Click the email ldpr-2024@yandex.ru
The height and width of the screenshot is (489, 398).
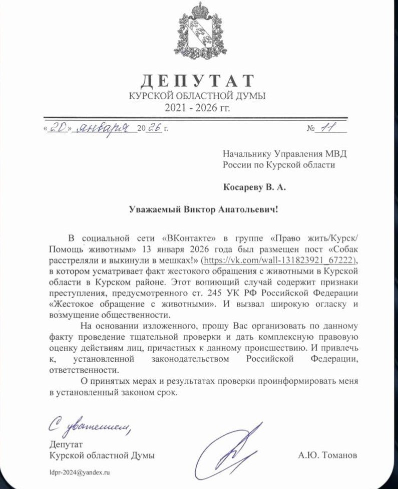point(79,472)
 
